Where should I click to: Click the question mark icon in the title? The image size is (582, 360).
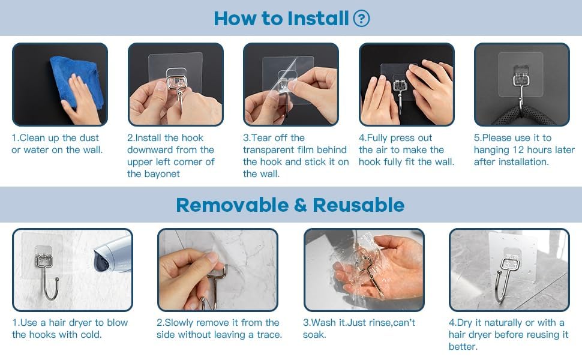(361, 19)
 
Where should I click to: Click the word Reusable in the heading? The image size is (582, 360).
(359, 205)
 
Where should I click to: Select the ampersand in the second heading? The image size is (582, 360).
(301, 205)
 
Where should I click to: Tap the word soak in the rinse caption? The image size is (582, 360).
(314, 335)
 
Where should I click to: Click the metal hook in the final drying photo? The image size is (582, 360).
(506, 278)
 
